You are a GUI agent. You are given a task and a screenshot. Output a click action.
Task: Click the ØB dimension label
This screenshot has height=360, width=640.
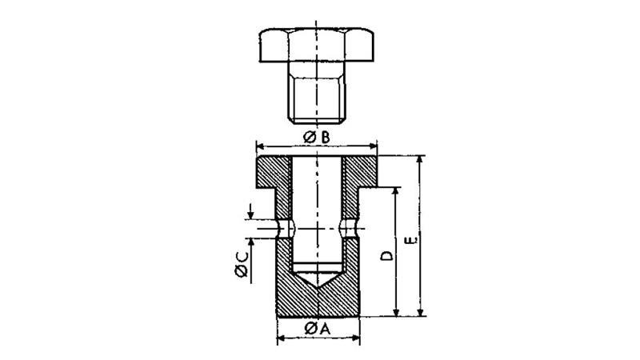(317, 138)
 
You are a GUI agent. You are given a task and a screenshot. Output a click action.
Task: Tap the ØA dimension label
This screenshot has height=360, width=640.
(317, 328)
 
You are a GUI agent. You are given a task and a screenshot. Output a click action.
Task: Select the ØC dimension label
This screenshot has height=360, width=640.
(242, 265)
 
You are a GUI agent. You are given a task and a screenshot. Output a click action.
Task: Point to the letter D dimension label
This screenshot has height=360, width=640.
(386, 255)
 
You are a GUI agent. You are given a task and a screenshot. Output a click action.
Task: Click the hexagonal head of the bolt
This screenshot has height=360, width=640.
(316, 45)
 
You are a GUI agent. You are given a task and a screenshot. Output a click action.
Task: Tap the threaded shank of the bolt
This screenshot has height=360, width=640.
(317, 93)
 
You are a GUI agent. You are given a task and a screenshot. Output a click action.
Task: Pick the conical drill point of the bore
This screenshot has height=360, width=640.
(317, 279)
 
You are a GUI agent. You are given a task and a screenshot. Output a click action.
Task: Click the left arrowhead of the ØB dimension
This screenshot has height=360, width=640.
(260, 146)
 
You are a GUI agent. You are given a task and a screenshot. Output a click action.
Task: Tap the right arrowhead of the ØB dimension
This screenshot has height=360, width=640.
(373, 146)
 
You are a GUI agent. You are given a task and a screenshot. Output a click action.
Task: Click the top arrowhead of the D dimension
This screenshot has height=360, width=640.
(395, 192)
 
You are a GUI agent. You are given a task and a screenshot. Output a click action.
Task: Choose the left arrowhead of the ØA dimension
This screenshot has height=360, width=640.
(282, 338)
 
